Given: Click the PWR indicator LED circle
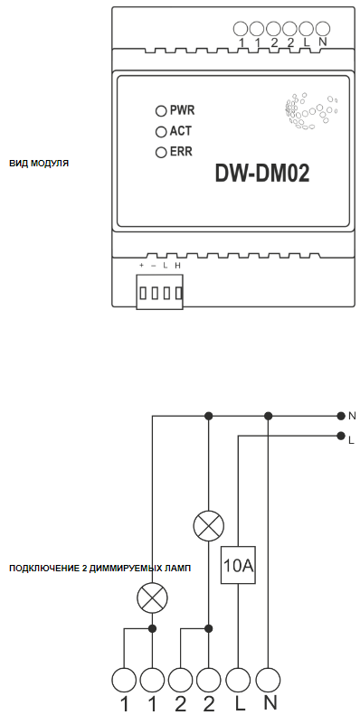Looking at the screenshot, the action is point(161,111).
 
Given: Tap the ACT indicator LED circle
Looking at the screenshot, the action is point(161,132).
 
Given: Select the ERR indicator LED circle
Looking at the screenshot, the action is point(161,152).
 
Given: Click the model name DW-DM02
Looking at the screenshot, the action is point(262,174).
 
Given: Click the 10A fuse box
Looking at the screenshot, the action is point(238,565).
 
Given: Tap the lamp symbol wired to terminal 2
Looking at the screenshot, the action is point(209,526).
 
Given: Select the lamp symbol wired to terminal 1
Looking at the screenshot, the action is point(152,597).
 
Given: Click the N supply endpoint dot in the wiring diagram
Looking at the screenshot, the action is point(340,416).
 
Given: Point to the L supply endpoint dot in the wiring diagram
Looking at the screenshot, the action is point(340,436).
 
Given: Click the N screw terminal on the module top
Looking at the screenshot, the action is point(323,29).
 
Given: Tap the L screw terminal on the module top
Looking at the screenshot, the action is point(306,29).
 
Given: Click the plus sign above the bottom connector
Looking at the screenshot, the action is point(141,266).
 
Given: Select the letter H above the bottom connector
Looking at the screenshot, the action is point(177,266).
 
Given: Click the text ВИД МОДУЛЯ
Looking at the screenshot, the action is point(39,164).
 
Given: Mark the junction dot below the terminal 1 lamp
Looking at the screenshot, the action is point(152,629).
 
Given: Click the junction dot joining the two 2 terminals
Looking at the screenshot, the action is point(209,629).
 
